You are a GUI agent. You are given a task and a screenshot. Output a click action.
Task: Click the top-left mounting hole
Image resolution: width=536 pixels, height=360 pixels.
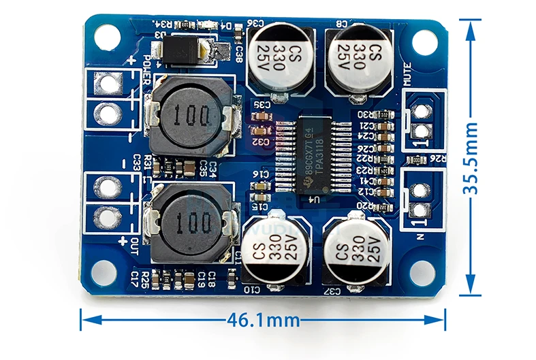point(106,37)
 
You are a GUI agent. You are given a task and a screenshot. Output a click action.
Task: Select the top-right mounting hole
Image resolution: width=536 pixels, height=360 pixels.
point(424,42)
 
